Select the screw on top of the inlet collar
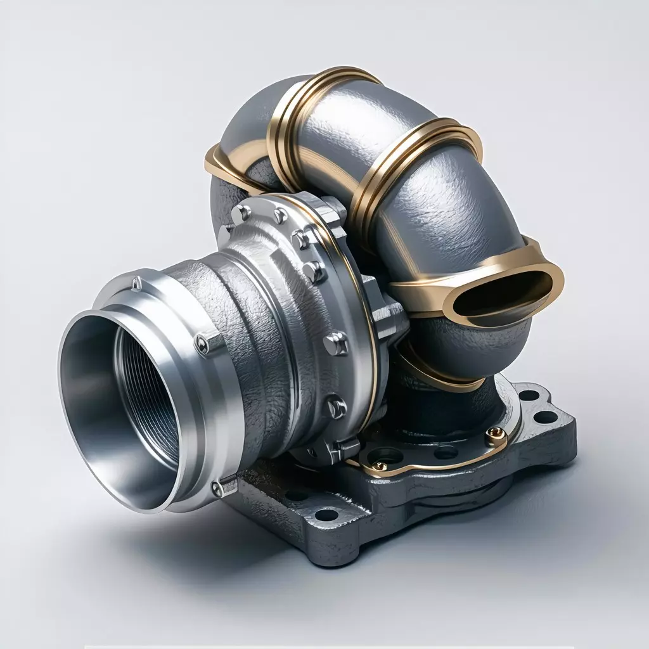(136, 283)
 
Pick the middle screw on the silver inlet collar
(202, 343)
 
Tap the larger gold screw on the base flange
(495, 433)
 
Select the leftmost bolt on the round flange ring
(241, 214)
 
